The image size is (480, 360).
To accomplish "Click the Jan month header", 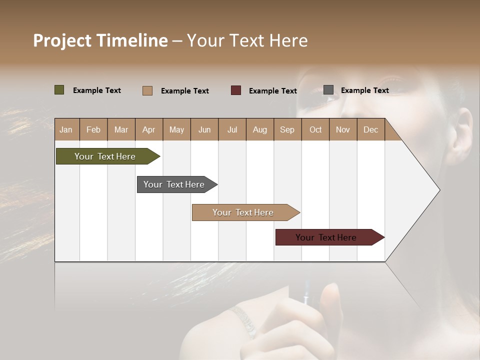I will click(66, 129).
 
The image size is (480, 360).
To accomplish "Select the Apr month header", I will click(148, 129).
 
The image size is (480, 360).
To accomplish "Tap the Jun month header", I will click(204, 129).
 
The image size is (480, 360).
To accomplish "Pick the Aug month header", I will click(259, 129).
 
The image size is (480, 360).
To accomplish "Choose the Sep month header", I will click(287, 129).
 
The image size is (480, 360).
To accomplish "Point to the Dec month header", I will click(370, 129).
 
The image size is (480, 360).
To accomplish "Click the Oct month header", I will click(315, 129).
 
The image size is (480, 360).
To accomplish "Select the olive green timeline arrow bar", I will click(105, 156).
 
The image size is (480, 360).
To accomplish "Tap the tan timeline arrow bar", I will click(243, 212).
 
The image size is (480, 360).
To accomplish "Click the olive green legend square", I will click(59, 90).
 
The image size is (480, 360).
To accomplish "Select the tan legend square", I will click(147, 90).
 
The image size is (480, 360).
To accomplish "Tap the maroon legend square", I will click(236, 90).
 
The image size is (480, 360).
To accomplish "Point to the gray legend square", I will click(328, 90).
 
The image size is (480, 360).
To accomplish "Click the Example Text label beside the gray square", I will click(364, 90).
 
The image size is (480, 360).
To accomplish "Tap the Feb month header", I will click(93, 129).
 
